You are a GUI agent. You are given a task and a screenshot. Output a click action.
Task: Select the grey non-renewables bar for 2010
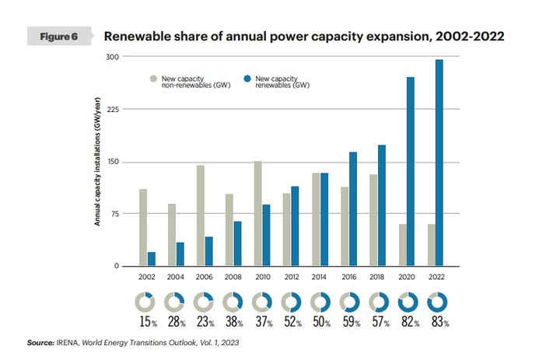pyautogui.click(x=257, y=214)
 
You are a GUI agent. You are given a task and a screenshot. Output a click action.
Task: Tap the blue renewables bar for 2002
pyautogui.click(x=152, y=259)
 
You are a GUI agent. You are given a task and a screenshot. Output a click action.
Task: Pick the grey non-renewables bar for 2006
pyautogui.click(x=200, y=215)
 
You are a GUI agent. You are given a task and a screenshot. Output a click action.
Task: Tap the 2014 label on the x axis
pyautogui.click(x=320, y=278)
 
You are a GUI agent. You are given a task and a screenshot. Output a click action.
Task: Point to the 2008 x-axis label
pyautogui.click(x=234, y=278)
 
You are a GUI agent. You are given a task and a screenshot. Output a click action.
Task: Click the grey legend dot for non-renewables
pyautogui.click(x=154, y=79)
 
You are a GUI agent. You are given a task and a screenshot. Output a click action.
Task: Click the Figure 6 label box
pyautogui.click(x=60, y=37)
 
